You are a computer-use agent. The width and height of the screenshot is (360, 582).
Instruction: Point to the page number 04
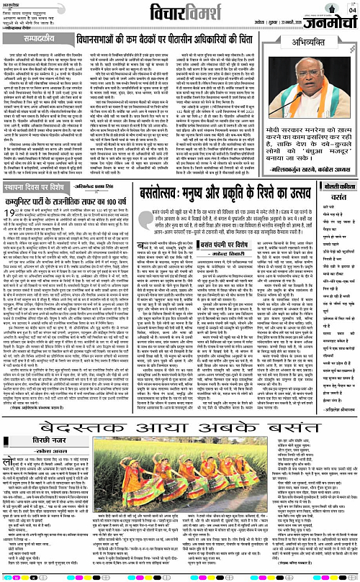[352, 9]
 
